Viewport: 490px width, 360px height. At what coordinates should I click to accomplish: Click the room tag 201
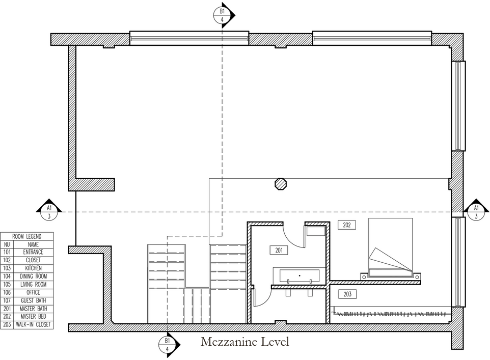tap(279, 250)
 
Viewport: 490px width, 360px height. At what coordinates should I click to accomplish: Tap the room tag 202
tap(346, 225)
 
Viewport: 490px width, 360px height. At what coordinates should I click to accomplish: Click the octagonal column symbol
tap(281, 183)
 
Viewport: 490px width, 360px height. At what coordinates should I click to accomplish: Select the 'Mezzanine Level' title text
tap(244, 341)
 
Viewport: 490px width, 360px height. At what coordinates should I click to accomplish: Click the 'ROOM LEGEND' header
tap(26, 236)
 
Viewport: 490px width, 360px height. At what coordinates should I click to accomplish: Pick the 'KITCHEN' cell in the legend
tap(33, 268)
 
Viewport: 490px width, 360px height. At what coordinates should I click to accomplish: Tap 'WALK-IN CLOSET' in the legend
tap(33, 324)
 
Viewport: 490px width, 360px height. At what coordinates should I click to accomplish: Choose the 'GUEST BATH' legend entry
tap(33, 300)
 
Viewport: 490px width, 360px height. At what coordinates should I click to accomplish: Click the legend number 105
tap(7, 285)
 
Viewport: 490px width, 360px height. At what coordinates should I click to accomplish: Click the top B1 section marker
tap(222, 15)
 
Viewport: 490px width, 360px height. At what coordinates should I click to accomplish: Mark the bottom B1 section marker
tap(168, 345)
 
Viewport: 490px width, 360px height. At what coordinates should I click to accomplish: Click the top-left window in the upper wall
tap(189, 38)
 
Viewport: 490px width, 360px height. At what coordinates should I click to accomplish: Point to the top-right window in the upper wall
tap(372, 38)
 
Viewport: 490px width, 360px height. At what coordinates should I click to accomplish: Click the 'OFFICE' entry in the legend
tap(33, 292)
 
